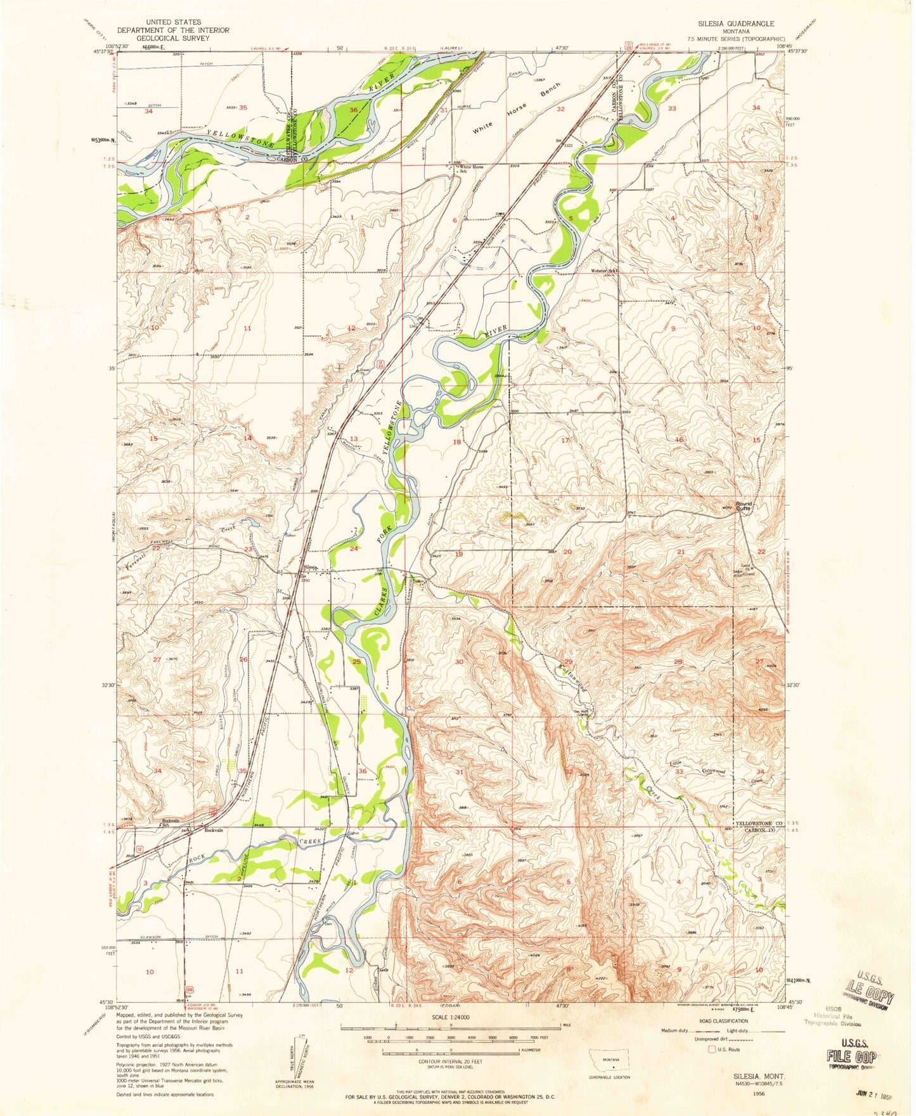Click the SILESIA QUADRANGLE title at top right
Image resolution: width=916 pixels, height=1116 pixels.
[735, 23]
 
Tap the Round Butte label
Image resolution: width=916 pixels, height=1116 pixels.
[743, 507]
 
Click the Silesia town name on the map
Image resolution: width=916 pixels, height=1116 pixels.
[309, 567]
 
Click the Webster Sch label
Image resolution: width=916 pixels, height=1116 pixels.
[603, 271]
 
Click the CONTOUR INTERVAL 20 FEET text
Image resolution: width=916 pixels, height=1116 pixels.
[450, 1061]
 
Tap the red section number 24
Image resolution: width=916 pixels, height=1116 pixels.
[354, 548]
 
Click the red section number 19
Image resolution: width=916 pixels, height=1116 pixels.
[459, 554]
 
